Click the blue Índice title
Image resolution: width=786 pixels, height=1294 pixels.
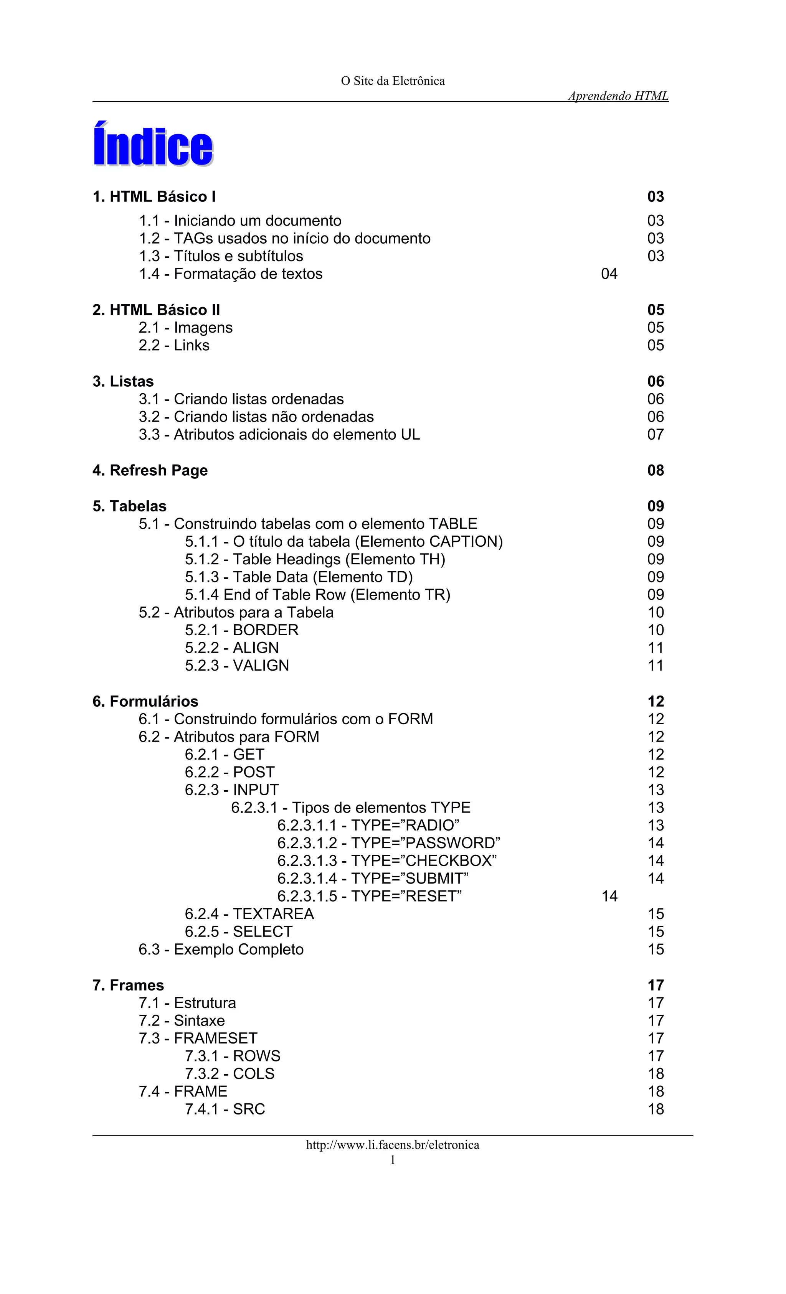153,145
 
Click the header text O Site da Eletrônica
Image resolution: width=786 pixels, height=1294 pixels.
393,81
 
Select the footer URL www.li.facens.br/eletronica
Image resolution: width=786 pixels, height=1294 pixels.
393,1145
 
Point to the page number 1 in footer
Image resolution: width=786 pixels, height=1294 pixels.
393,1160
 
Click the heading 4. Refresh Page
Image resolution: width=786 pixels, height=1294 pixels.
150,470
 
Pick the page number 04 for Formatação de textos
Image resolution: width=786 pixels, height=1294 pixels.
609,274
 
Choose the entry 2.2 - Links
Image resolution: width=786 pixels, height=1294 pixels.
174,345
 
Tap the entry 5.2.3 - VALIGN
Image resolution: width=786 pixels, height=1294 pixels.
236,665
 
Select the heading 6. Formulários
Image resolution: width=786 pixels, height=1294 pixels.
145,701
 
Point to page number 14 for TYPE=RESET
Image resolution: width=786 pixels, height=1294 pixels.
609,896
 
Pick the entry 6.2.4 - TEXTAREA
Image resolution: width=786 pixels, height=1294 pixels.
249,914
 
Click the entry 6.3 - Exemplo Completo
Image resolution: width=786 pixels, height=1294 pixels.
221,949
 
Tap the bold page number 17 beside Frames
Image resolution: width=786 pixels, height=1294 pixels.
656,985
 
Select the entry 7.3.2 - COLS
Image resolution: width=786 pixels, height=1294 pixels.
230,1073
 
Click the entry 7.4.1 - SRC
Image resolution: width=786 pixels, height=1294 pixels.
225,1109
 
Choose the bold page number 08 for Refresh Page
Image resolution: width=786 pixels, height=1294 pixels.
656,470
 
